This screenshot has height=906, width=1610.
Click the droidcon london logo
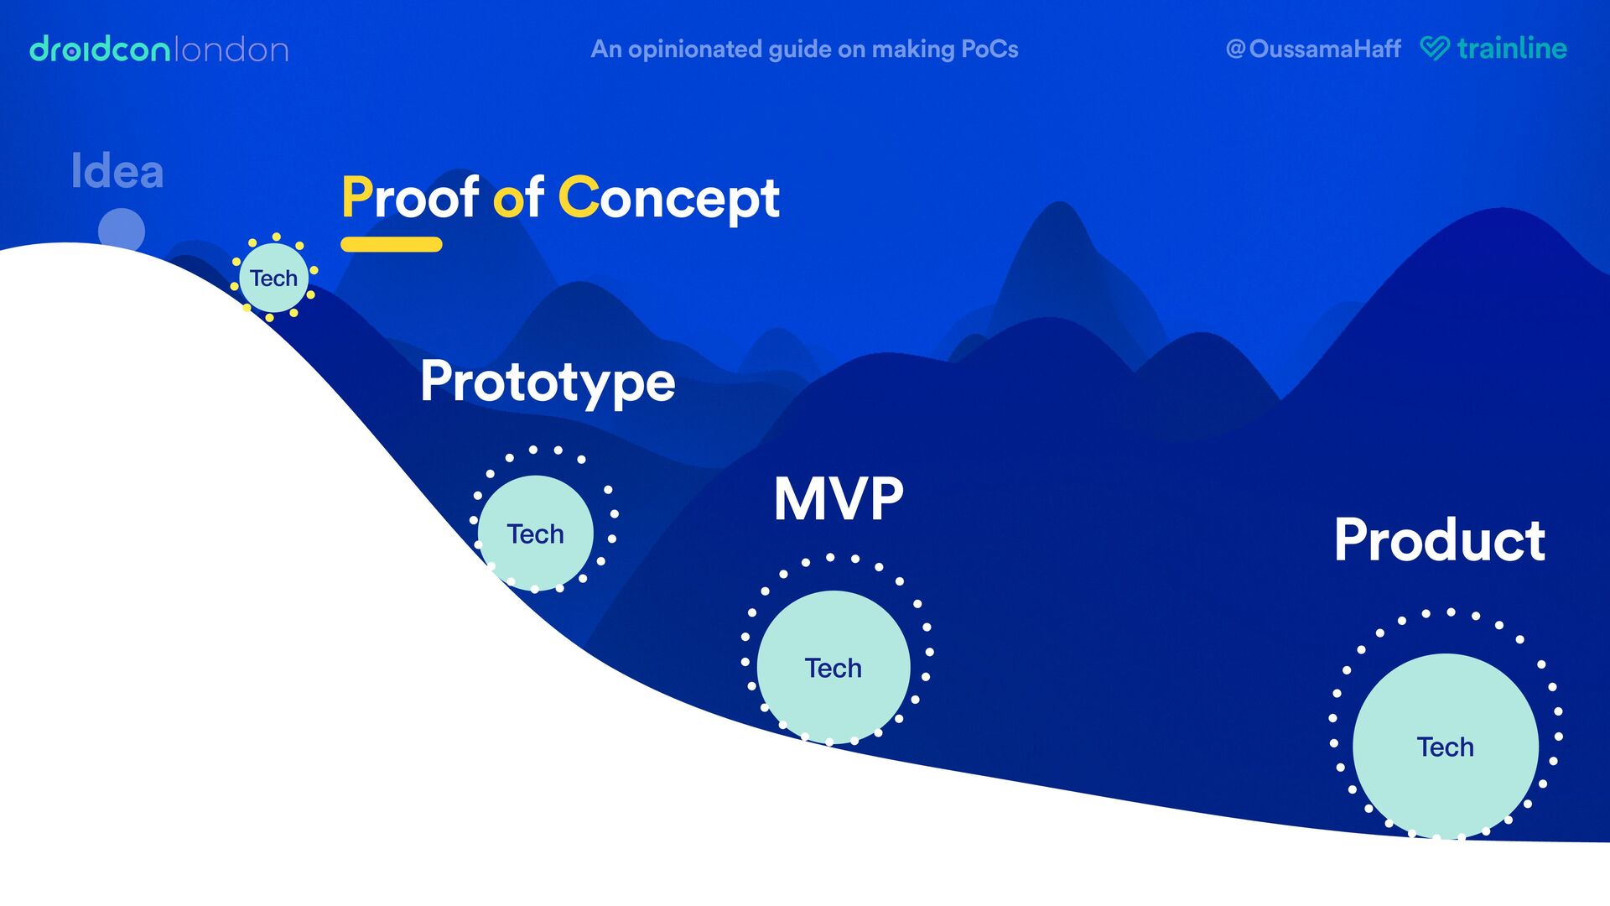158,49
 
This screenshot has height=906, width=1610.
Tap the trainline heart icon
1434,48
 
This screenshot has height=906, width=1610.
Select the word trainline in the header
1511,48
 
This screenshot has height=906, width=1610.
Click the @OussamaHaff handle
1313,49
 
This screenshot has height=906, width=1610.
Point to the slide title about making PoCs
804,49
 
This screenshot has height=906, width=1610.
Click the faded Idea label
117,171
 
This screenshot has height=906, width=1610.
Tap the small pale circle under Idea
122,230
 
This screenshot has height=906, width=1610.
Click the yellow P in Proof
356,198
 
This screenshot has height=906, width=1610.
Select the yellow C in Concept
578,198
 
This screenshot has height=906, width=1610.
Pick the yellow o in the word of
507,201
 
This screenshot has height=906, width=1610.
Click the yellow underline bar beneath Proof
391,244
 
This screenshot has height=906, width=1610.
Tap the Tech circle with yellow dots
273,278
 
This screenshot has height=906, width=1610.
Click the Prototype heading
548,382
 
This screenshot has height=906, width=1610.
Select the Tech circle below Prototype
535,533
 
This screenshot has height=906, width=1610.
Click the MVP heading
838,499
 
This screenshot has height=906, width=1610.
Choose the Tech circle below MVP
833,667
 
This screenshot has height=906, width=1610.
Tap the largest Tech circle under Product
1445,746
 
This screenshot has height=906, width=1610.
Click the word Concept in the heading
669,200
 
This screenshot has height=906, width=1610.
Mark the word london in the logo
232,50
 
